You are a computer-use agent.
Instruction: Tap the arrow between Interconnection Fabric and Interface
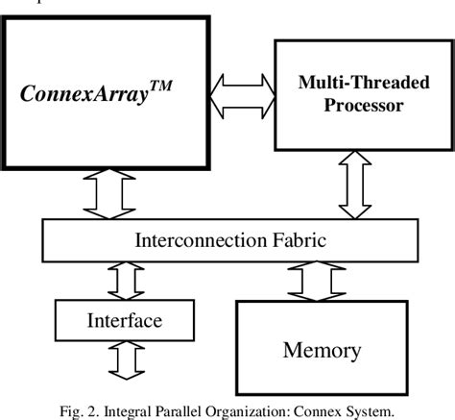tap(119, 280)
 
